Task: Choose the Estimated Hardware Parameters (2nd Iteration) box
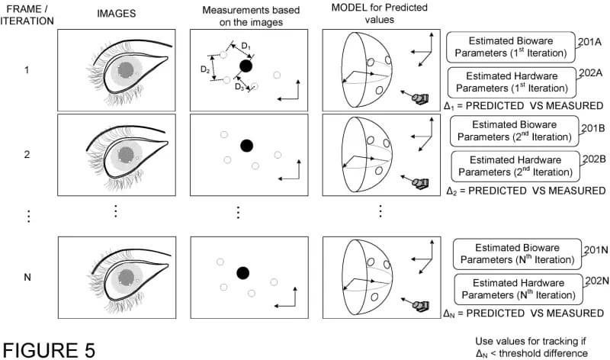tap(515, 166)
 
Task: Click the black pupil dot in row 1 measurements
tap(246, 66)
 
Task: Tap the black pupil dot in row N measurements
tap(243, 272)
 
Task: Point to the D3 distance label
tap(239, 88)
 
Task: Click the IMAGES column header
tap(117, 14)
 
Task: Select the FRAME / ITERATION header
tap(27, 14)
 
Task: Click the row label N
tap(27, 277)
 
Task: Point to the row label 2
tap(27, 154)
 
